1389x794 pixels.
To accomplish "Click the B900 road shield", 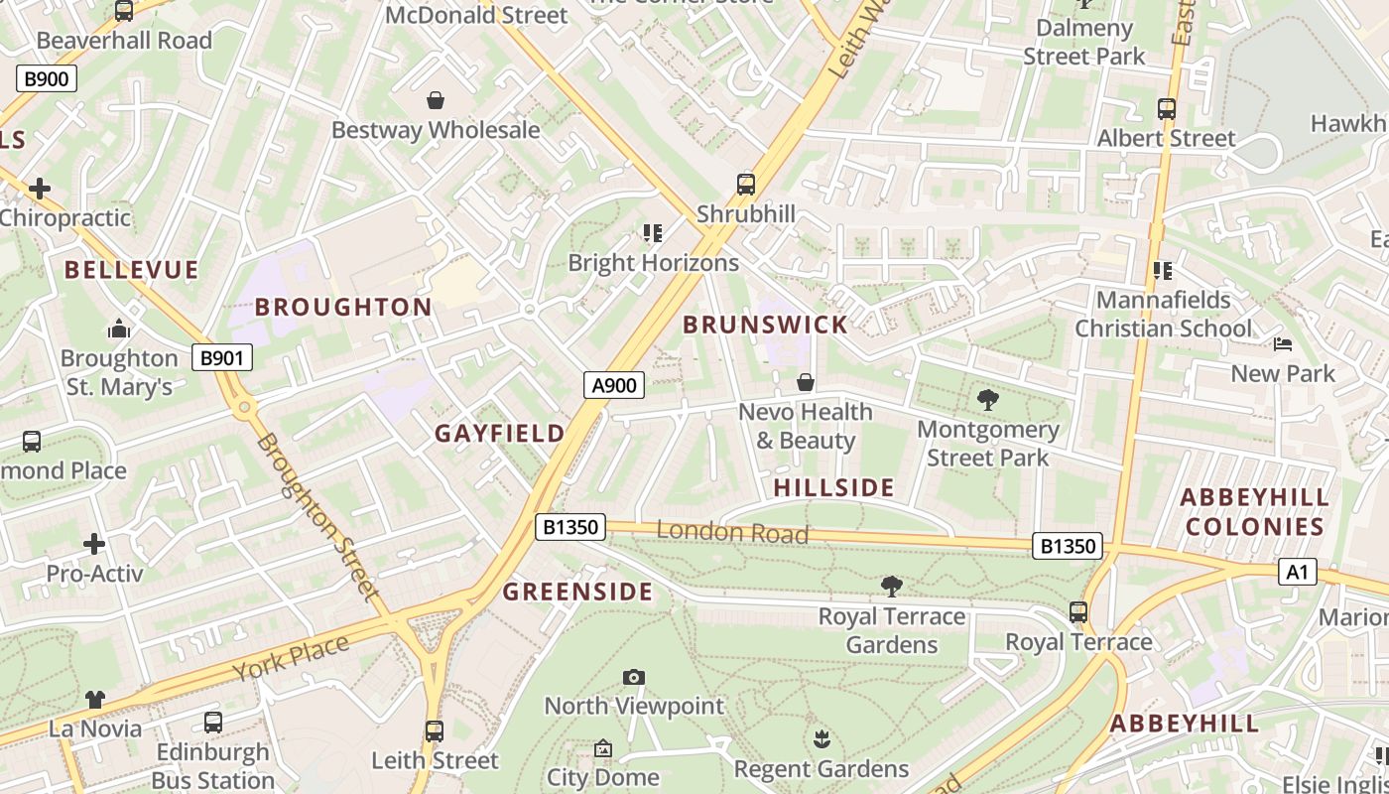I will coord(47,78).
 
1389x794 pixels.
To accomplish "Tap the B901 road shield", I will coord(221,358).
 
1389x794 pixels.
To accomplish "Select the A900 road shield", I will coord(613,385).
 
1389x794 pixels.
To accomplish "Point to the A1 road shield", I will coord(1298,572).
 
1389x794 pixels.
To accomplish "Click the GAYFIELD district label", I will coord(500,434).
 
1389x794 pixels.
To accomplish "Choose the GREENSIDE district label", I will coord(577,593).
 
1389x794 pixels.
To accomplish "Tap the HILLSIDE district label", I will coord(833,487).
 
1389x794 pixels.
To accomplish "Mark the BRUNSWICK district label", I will coord(765,325).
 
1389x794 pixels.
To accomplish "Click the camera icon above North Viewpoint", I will coord(634,678).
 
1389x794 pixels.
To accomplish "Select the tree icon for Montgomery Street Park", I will coord(987,400).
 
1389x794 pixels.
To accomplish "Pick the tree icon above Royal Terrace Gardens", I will coord(891,587).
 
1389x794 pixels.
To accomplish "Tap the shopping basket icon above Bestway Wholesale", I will coord(435,100).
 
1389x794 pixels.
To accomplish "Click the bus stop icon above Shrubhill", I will coord(745,185).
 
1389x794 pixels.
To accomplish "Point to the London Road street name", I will coord(732,532).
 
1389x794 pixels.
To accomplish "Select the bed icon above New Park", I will coord(1283,344).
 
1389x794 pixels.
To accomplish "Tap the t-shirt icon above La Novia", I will coord(94,700).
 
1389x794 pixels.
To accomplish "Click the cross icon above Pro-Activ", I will coord(94,544).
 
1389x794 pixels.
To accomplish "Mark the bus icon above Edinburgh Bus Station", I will coord(212,723).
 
